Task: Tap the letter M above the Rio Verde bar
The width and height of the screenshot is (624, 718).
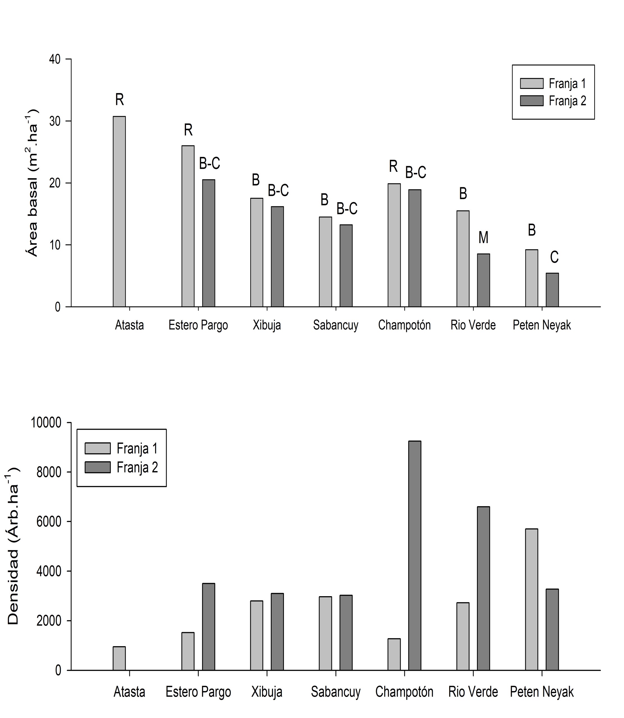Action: (483, 237)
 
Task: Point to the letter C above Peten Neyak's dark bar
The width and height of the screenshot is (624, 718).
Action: (554, 257)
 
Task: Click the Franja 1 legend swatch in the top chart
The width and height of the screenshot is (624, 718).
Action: (531, 84)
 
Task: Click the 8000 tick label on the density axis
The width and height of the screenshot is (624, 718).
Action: (49, 472)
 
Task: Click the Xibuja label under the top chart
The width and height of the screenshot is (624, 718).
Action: (267, 325)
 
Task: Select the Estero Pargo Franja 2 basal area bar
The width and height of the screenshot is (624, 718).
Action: (208, 243)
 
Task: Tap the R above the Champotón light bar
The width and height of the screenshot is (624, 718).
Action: (393, 166)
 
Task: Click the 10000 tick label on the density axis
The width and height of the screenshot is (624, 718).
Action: (46, 423)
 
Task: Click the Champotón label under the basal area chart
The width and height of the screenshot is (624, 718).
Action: (404, 325)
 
